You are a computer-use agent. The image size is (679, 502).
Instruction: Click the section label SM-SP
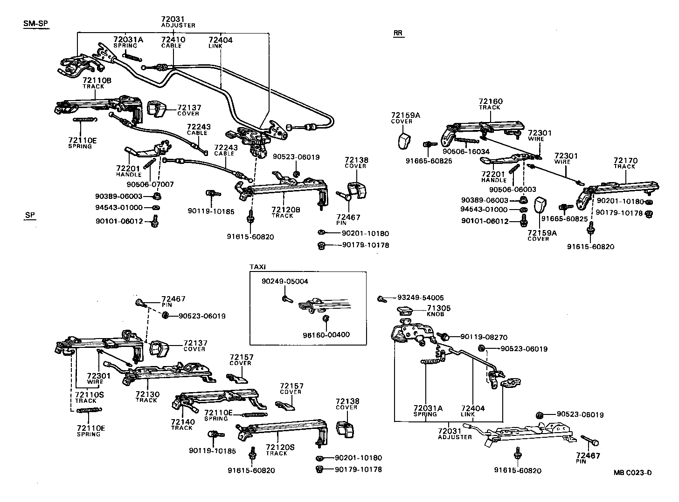click(x=36, y=24)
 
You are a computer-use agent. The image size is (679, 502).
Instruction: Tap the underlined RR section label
click(x=398, y=33)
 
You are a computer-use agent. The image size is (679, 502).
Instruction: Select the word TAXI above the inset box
click(x=257, y=267)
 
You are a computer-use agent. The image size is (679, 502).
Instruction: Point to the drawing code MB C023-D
click(x=632, y=473)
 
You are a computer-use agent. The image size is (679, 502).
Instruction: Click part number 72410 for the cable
click(x=173, y=40)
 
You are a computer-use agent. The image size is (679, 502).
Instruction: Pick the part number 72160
click(x=491, y=102)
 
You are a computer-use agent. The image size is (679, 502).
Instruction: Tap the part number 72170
click(x=625, y=161)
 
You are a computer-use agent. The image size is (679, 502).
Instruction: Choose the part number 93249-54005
click(x=420, y=298)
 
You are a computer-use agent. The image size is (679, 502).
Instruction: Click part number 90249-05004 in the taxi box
click(x=284, y=281)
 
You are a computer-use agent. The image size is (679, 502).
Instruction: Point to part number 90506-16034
click(x=466, y=151)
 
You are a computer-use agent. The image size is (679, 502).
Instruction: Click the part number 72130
click(x=147, y=394)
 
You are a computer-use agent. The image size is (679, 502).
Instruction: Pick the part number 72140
click(x=182, y=421)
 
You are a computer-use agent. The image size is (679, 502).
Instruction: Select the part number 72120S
click(x=280, y=447)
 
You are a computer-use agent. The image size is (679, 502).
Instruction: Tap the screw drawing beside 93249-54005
click(x=381, y=298)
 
